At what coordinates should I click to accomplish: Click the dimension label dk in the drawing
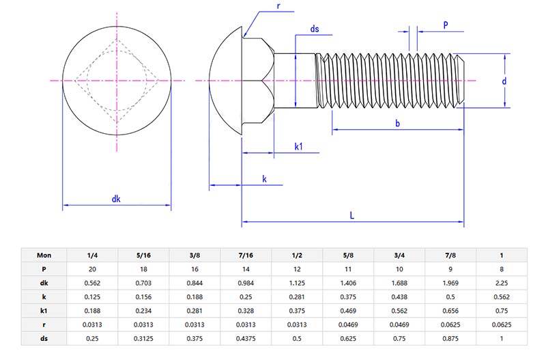pos(116,199)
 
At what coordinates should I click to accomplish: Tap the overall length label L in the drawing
pos(352,215)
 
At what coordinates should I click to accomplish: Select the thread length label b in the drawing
pos(397,123)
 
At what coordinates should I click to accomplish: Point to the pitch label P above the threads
pos(445,25)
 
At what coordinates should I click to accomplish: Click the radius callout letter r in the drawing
pos(278,6)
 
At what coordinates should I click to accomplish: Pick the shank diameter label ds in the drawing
pos(314,29)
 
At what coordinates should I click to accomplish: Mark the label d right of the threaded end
pos(504,81)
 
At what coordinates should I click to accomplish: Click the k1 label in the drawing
pos(298,146)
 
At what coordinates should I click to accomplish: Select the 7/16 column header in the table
pos(246,255)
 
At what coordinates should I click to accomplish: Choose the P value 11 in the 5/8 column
pos(348,268)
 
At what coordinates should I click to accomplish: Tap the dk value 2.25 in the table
pos(501,283)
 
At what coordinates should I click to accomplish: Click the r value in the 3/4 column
pos(399,324)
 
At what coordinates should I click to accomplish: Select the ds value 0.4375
pos(246,339)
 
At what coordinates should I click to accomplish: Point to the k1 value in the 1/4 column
pos(93,311)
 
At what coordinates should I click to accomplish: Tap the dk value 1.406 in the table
pos(348,283)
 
